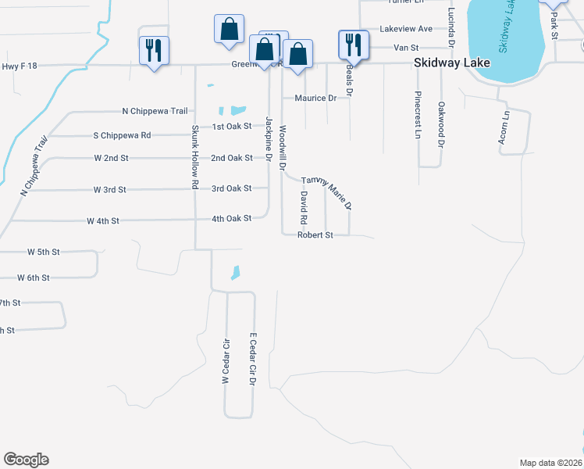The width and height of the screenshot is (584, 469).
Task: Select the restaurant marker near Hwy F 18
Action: tap(152, 52)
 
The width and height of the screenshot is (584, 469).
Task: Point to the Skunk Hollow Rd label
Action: tap(194, 156)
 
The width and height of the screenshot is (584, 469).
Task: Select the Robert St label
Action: tap(315, 234)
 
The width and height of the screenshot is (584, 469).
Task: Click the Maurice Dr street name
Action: tap(315, 98)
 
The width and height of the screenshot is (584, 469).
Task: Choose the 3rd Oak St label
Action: tap(231, 188)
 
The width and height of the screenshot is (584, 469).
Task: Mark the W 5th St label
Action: tap(43, 252)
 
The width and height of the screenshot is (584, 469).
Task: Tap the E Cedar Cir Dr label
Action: tap(253, 360)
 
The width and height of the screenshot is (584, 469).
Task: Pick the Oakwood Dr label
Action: tap(441, 125)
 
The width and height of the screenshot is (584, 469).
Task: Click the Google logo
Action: tap(26, 460)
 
